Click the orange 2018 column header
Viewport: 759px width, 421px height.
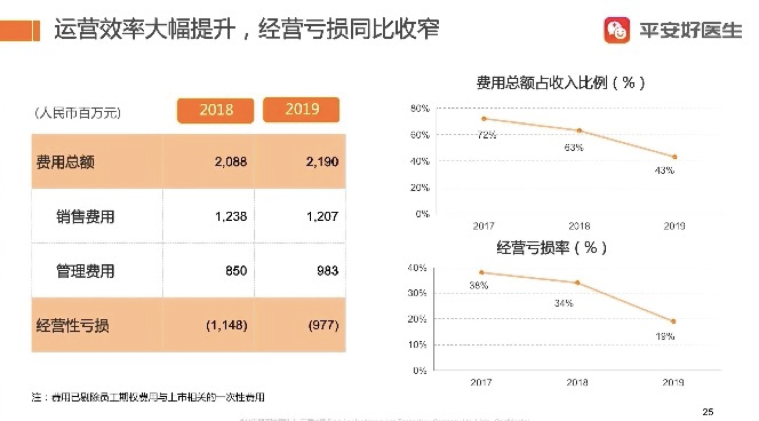click(x=215, y=110)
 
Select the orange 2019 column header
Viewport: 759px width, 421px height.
click(x=301, y=110)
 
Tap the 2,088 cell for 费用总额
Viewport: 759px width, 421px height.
click(x=231, y=162)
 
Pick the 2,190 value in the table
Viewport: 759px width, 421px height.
click(x=322, y=162)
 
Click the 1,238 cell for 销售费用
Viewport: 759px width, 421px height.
click(x=231, y=216)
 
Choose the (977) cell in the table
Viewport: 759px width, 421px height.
click(x=323, y=325)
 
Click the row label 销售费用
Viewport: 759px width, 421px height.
click(x=85, y=216)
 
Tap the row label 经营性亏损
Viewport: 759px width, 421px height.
click(x=73, y=325)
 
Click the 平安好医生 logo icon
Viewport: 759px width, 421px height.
click(x=617, y=30)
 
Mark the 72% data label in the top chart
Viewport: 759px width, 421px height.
click(x=486, y=135)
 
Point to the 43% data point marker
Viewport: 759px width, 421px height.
click(x=674, y=157)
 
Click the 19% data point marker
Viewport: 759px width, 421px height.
click(x=674, y=321)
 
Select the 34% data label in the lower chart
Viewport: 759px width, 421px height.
click(x=563, y=303)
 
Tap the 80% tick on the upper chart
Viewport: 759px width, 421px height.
click(x=420, y=109)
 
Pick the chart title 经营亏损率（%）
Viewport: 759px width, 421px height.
click(x=551, y=248)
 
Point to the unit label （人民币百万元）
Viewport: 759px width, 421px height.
click(x=77, y=113)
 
